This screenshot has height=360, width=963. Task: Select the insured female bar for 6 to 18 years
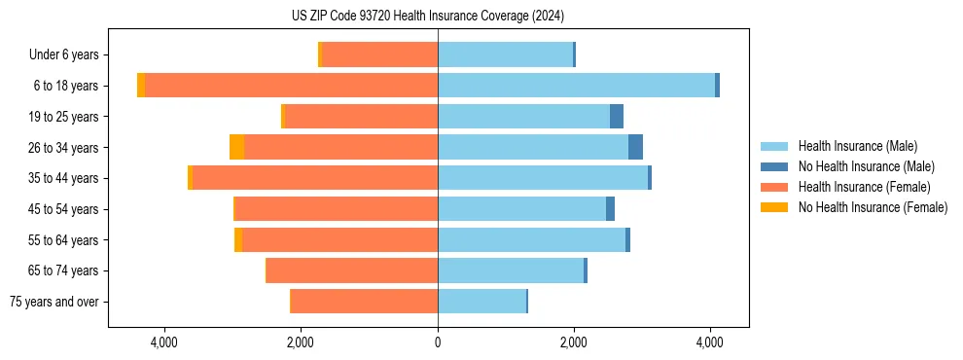coord(291,86)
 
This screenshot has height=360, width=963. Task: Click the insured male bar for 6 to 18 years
coord(576,86)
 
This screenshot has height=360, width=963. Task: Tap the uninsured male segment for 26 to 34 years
coord(635,147)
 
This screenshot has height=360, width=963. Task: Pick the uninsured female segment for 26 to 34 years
coord(236,147)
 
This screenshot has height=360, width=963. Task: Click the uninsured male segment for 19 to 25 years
coord(617,117)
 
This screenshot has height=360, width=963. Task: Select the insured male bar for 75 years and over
coord(481,302)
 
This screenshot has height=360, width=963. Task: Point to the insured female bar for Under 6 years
coord(379,54)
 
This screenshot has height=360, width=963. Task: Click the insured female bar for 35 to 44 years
coord(315,178)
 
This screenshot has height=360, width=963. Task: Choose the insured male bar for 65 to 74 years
coord(511,270)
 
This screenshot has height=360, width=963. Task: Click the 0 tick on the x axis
coord(438,342)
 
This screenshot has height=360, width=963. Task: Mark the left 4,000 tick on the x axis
coord(164,342)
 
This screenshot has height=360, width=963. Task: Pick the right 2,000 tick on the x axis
coord(574,342)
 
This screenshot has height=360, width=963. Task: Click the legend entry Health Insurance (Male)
coord(857,146)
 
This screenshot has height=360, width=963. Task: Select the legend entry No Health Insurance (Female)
coord(873,207)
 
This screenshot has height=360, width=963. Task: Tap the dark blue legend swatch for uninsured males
coord(774,166)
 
